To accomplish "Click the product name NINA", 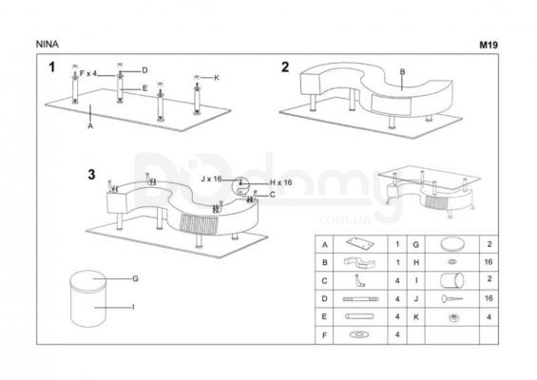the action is [x=48, y=44].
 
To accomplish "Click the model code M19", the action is [x=489, y=45].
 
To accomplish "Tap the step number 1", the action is [x=52, y=67].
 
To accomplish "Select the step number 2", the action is [x=285, y=67].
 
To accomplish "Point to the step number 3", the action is [x=91, y=175].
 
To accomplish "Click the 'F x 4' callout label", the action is [x=88, y=73].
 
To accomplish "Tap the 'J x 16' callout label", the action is [x=211, y=179].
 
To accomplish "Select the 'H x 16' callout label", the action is [x=280, y=182].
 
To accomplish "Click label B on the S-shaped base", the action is [x=402, y=72].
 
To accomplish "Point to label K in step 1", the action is [x=217, y=78].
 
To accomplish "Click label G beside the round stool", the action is [x=135, y=278].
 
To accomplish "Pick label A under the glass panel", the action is [x=90, y=126].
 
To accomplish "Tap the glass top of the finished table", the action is [x=429, y=178].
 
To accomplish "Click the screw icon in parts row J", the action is [x=452, y=299].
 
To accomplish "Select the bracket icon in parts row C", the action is [x=359, y=280].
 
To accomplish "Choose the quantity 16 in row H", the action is [x=489, y=262].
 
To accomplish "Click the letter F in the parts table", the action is [x=324, y=335].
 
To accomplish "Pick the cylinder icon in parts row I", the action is [x=452, y=280].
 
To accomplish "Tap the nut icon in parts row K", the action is [x=452, y=317].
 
